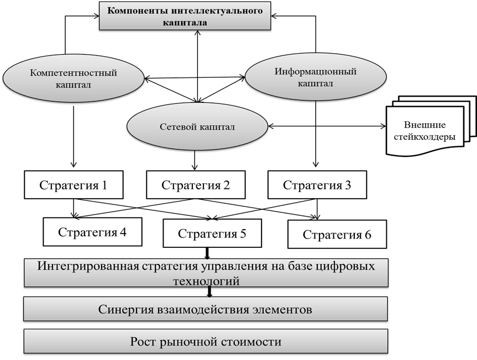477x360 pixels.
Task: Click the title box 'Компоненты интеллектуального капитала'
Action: click(x=185, y=16)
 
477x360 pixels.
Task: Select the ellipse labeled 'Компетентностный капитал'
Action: click(x=74, y=78)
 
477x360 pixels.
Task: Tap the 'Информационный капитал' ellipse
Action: click(x=315, y=77)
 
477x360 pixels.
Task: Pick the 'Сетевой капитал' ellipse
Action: click(x=197, y=127)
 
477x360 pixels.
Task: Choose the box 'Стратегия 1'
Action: click(x=73, y=185)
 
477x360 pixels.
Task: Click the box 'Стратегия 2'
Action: click(x=195, y=185)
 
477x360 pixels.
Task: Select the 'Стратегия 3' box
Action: click(x=317, y=185)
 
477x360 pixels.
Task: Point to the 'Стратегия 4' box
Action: click(x=92, y=232)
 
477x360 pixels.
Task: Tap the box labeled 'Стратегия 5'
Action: click(x=212, y=234)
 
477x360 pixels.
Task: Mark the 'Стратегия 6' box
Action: click(x=337, y=235)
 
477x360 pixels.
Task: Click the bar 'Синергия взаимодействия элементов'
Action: click(x=205, y=309)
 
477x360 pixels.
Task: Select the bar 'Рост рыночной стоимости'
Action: click(x=205, y=342)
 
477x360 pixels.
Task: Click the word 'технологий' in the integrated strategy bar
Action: click(x=206, y=281)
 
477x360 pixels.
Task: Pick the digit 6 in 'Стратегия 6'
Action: click(x=368, y=235)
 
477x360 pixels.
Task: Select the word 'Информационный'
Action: click(x=315, y=72)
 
